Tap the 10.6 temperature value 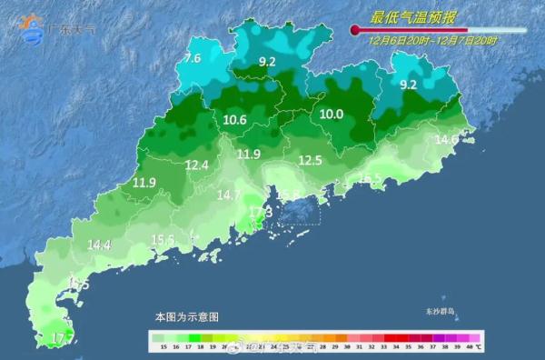coord(234,119)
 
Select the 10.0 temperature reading coord(331,115)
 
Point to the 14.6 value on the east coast coord(446,139)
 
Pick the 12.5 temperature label coord(311,161)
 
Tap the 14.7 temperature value coord(228,195)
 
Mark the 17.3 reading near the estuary coord(261,212)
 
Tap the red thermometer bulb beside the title coord(355,31)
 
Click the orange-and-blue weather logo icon coord(33,27)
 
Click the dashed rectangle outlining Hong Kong coord(299,212)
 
